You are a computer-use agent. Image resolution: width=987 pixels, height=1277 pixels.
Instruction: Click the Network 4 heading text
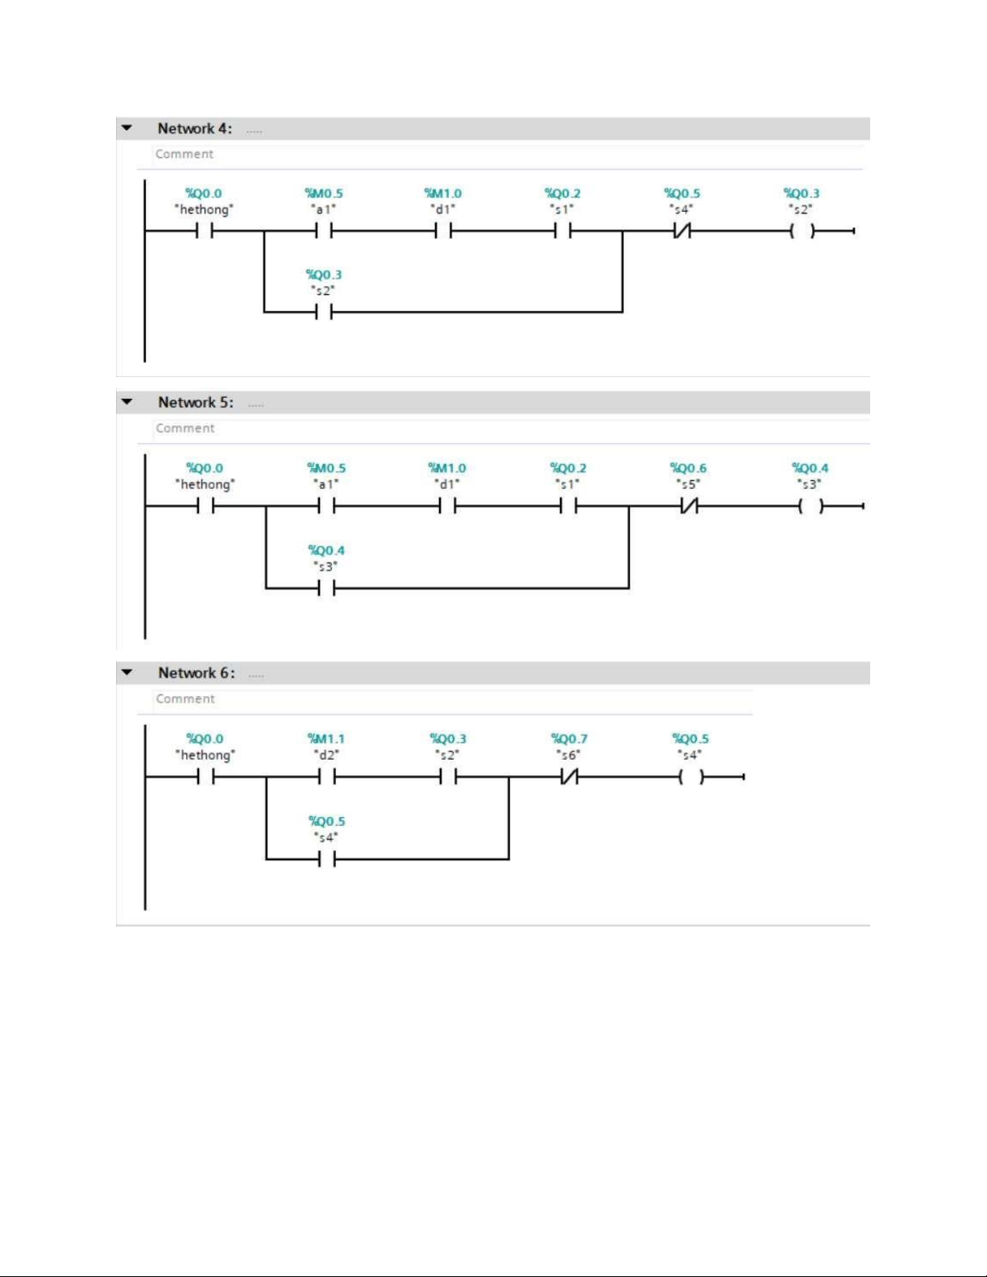coord(194,128)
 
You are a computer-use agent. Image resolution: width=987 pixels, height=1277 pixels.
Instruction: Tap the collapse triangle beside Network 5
coord(126,402)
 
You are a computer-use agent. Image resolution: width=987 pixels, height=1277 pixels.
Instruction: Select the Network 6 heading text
coord(197,673)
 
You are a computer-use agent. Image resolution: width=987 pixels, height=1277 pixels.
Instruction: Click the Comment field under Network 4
coord(184,154)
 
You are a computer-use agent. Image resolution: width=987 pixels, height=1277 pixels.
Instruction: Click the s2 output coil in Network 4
coord(802,231)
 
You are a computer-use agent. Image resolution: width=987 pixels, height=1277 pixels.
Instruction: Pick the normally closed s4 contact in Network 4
coord(682,231)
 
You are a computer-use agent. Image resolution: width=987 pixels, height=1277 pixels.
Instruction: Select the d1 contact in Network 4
coord(443,231)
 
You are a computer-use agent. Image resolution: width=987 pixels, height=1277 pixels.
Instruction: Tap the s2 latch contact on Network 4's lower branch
coord(323,312)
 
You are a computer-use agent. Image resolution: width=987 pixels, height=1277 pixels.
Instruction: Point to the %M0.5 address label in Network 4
coord(324,193)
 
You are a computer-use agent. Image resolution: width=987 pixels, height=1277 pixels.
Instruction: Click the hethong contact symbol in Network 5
coord(205,506)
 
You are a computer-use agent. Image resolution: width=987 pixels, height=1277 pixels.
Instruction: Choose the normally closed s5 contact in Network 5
coord(689,506)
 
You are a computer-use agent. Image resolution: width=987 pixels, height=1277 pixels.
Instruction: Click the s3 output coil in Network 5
coord(811,506)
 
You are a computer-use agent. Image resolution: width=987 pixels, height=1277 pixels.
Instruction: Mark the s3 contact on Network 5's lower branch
coord(326,587)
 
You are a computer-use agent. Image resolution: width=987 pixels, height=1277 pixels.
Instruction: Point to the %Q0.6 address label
coord(688,468)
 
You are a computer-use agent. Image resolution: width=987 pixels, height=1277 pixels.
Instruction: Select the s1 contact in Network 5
coord(568,506)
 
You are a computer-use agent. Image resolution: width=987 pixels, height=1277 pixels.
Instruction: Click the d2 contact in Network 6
coord(326,777)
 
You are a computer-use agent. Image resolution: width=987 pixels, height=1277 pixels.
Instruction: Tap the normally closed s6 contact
coord(569,777)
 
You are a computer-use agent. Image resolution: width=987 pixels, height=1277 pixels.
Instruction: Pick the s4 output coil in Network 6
coord(691,777)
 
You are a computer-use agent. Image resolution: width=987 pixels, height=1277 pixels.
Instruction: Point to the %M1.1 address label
coord(326,739)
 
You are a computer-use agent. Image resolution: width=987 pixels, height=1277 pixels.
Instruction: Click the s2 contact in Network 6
coord(448,777)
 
